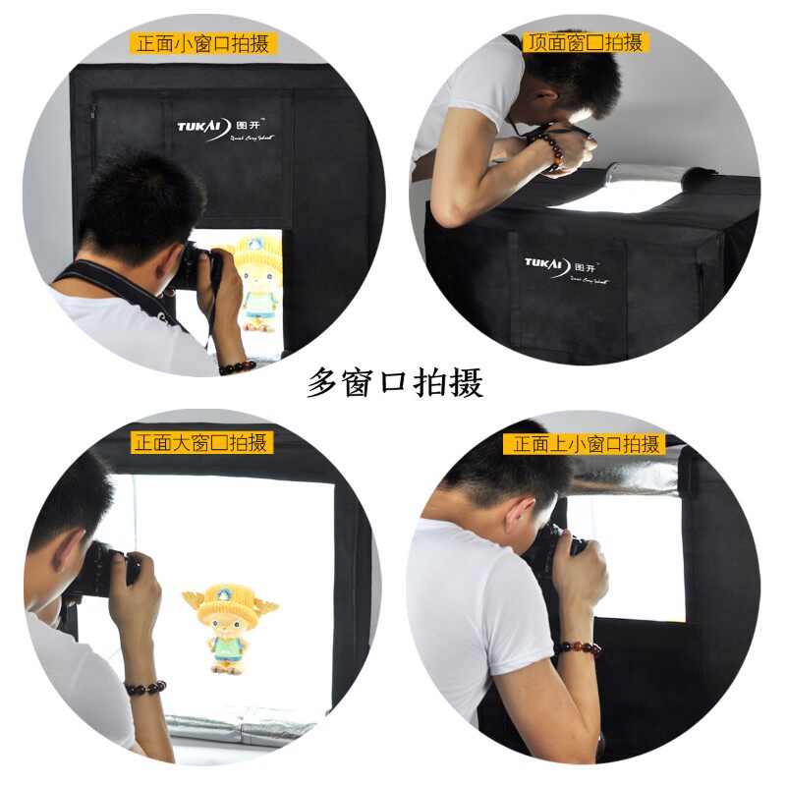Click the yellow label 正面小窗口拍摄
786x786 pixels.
(x=203, y=43)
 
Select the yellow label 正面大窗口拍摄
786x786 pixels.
(x=200, y=443)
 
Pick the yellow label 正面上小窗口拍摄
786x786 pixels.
(x=584, y=444)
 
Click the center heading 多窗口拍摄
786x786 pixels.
(x=395, y=382)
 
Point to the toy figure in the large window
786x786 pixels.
(x=229, y=630)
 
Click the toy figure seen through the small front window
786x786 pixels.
(x=257, y=280)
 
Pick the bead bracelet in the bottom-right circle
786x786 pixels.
(x=579, y=649)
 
